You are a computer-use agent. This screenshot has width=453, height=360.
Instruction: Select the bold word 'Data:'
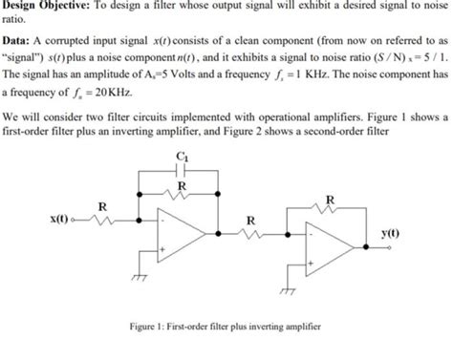tap(18, 42)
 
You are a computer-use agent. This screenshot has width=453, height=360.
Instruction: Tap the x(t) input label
tap(67, 219)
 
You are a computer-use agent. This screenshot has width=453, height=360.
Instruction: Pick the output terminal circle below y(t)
tap(391, 247)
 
